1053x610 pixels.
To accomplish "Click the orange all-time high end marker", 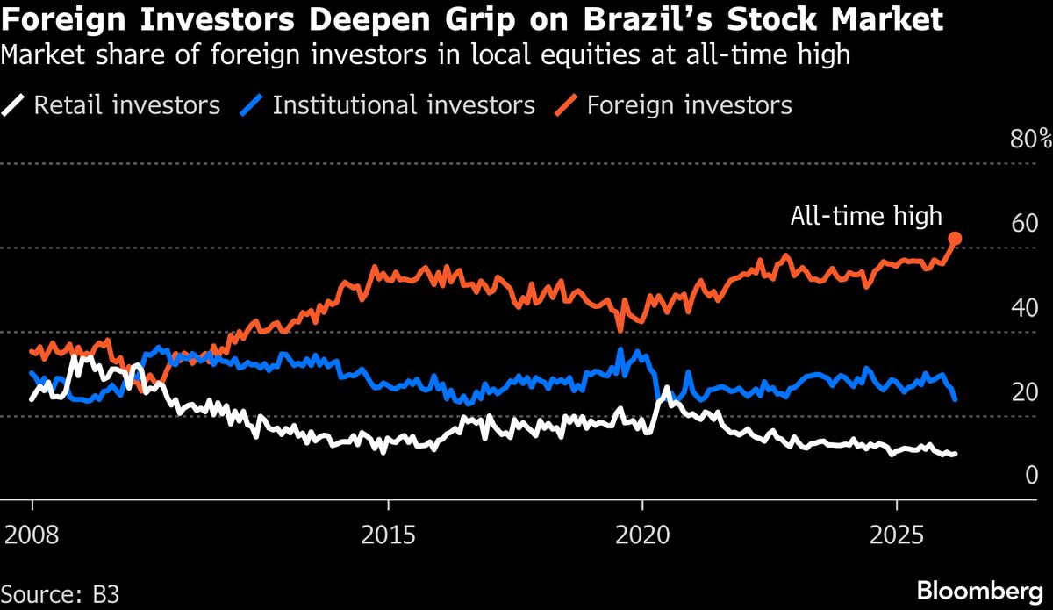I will pos(956,238).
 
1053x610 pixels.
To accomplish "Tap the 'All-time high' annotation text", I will pos(866,215).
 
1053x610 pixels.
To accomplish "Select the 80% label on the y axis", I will pos(1031,140).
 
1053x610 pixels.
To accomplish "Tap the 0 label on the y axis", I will pos(1032,475).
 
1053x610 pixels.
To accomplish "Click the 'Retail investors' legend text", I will pos(127,106).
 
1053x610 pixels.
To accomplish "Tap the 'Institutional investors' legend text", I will pos(404,106).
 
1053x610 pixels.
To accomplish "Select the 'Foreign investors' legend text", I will pos(690,106).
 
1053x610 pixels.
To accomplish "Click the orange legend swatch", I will pos(566,106).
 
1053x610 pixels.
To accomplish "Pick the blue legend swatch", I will pos(252,106).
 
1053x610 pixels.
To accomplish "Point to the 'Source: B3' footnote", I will pos(60,592).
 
